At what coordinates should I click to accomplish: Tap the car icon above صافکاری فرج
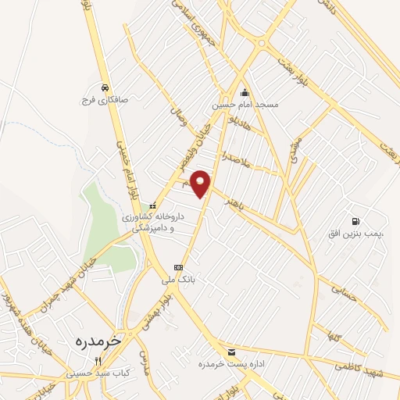(104, 87)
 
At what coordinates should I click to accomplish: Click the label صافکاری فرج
(103, 100)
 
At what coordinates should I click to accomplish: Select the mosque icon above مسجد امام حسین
(245, 91)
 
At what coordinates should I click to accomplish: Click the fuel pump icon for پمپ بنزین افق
(356, 222)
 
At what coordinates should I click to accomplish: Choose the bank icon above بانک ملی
(178, 266)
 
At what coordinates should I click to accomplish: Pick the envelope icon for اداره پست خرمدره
(230, 352)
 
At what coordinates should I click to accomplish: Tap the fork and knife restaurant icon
(98, 362)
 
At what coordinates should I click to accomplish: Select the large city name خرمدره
(100, 341)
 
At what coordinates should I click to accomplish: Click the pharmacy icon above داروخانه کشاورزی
(152, 205)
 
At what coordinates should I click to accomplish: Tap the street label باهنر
(234, 204)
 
